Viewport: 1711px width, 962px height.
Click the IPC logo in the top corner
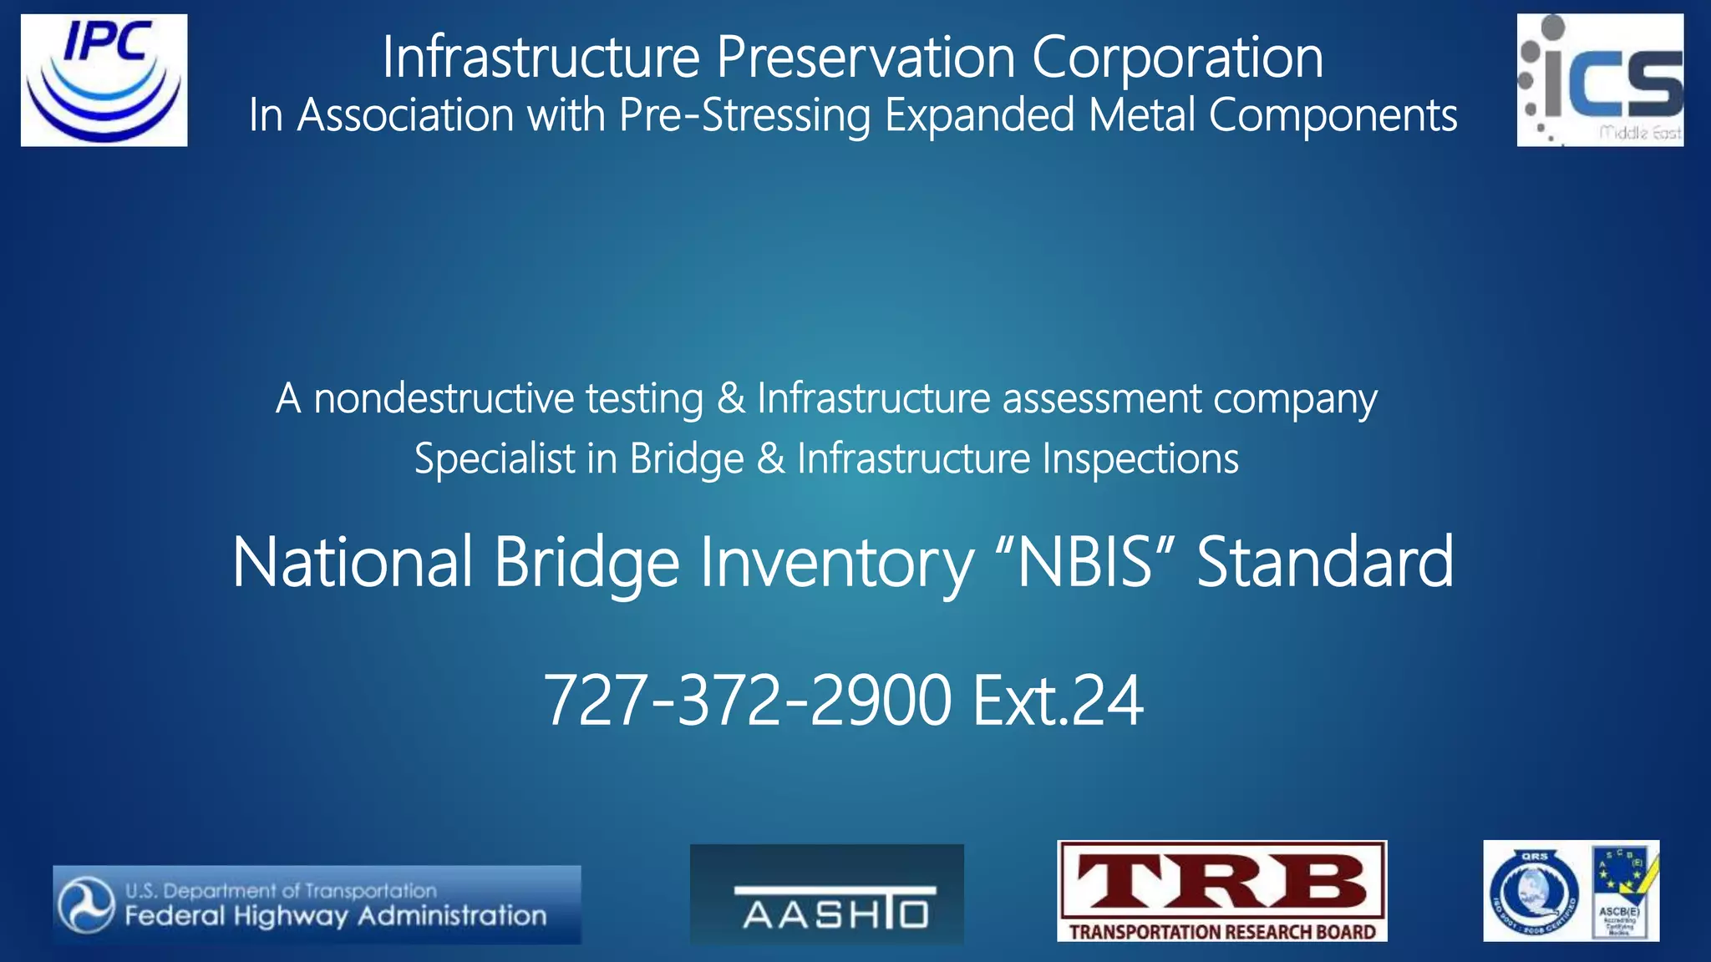point(104,80)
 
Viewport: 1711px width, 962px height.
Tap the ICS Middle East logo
point(1600,80)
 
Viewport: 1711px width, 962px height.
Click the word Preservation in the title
point(866,58)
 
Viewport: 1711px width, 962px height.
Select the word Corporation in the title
point(1177,58)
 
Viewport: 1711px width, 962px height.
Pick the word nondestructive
point(443,398)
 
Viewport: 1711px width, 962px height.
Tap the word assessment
point(1102,398)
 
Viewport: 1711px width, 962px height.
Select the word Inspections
point(1140,458)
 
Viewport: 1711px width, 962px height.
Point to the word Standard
point(1325,562)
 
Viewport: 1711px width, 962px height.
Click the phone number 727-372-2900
point(748,700)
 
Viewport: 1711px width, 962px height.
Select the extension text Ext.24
point(1058,700)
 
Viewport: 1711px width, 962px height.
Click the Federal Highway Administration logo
point(317,904)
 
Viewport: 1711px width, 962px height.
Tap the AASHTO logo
point(826,894)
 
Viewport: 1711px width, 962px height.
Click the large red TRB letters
point(1221,884)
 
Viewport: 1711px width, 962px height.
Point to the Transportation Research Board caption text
point(1221,931)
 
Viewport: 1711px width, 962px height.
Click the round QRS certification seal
point(1535,891)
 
